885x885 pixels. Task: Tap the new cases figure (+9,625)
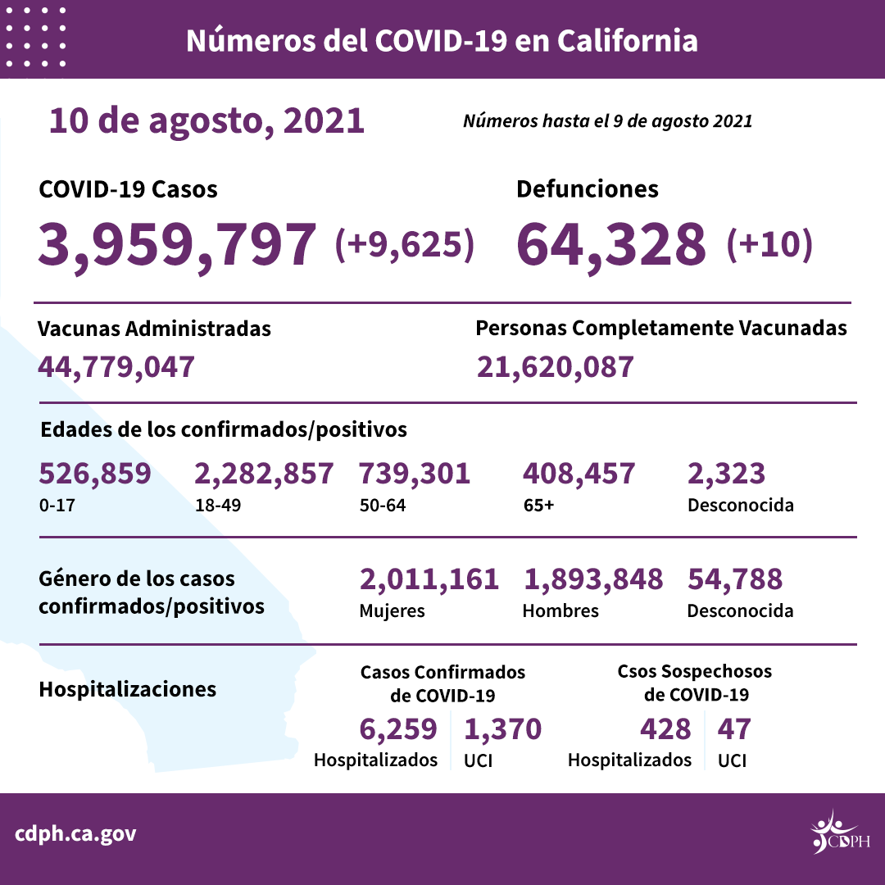405,244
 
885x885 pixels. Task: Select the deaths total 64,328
611,243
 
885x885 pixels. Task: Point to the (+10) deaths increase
769,244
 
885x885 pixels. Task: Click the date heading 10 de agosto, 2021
206,120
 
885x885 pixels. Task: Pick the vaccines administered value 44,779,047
116,366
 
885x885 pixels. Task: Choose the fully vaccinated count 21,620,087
555,366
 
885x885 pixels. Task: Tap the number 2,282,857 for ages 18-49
264,474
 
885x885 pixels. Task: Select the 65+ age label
538,505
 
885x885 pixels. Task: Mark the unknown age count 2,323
726,474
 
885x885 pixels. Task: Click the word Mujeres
392,610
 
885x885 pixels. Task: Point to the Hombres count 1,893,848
592,579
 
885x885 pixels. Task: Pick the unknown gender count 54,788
734,579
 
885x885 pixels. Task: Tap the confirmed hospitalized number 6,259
398,728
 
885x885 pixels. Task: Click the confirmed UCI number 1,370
502,728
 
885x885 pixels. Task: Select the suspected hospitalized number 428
664,728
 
